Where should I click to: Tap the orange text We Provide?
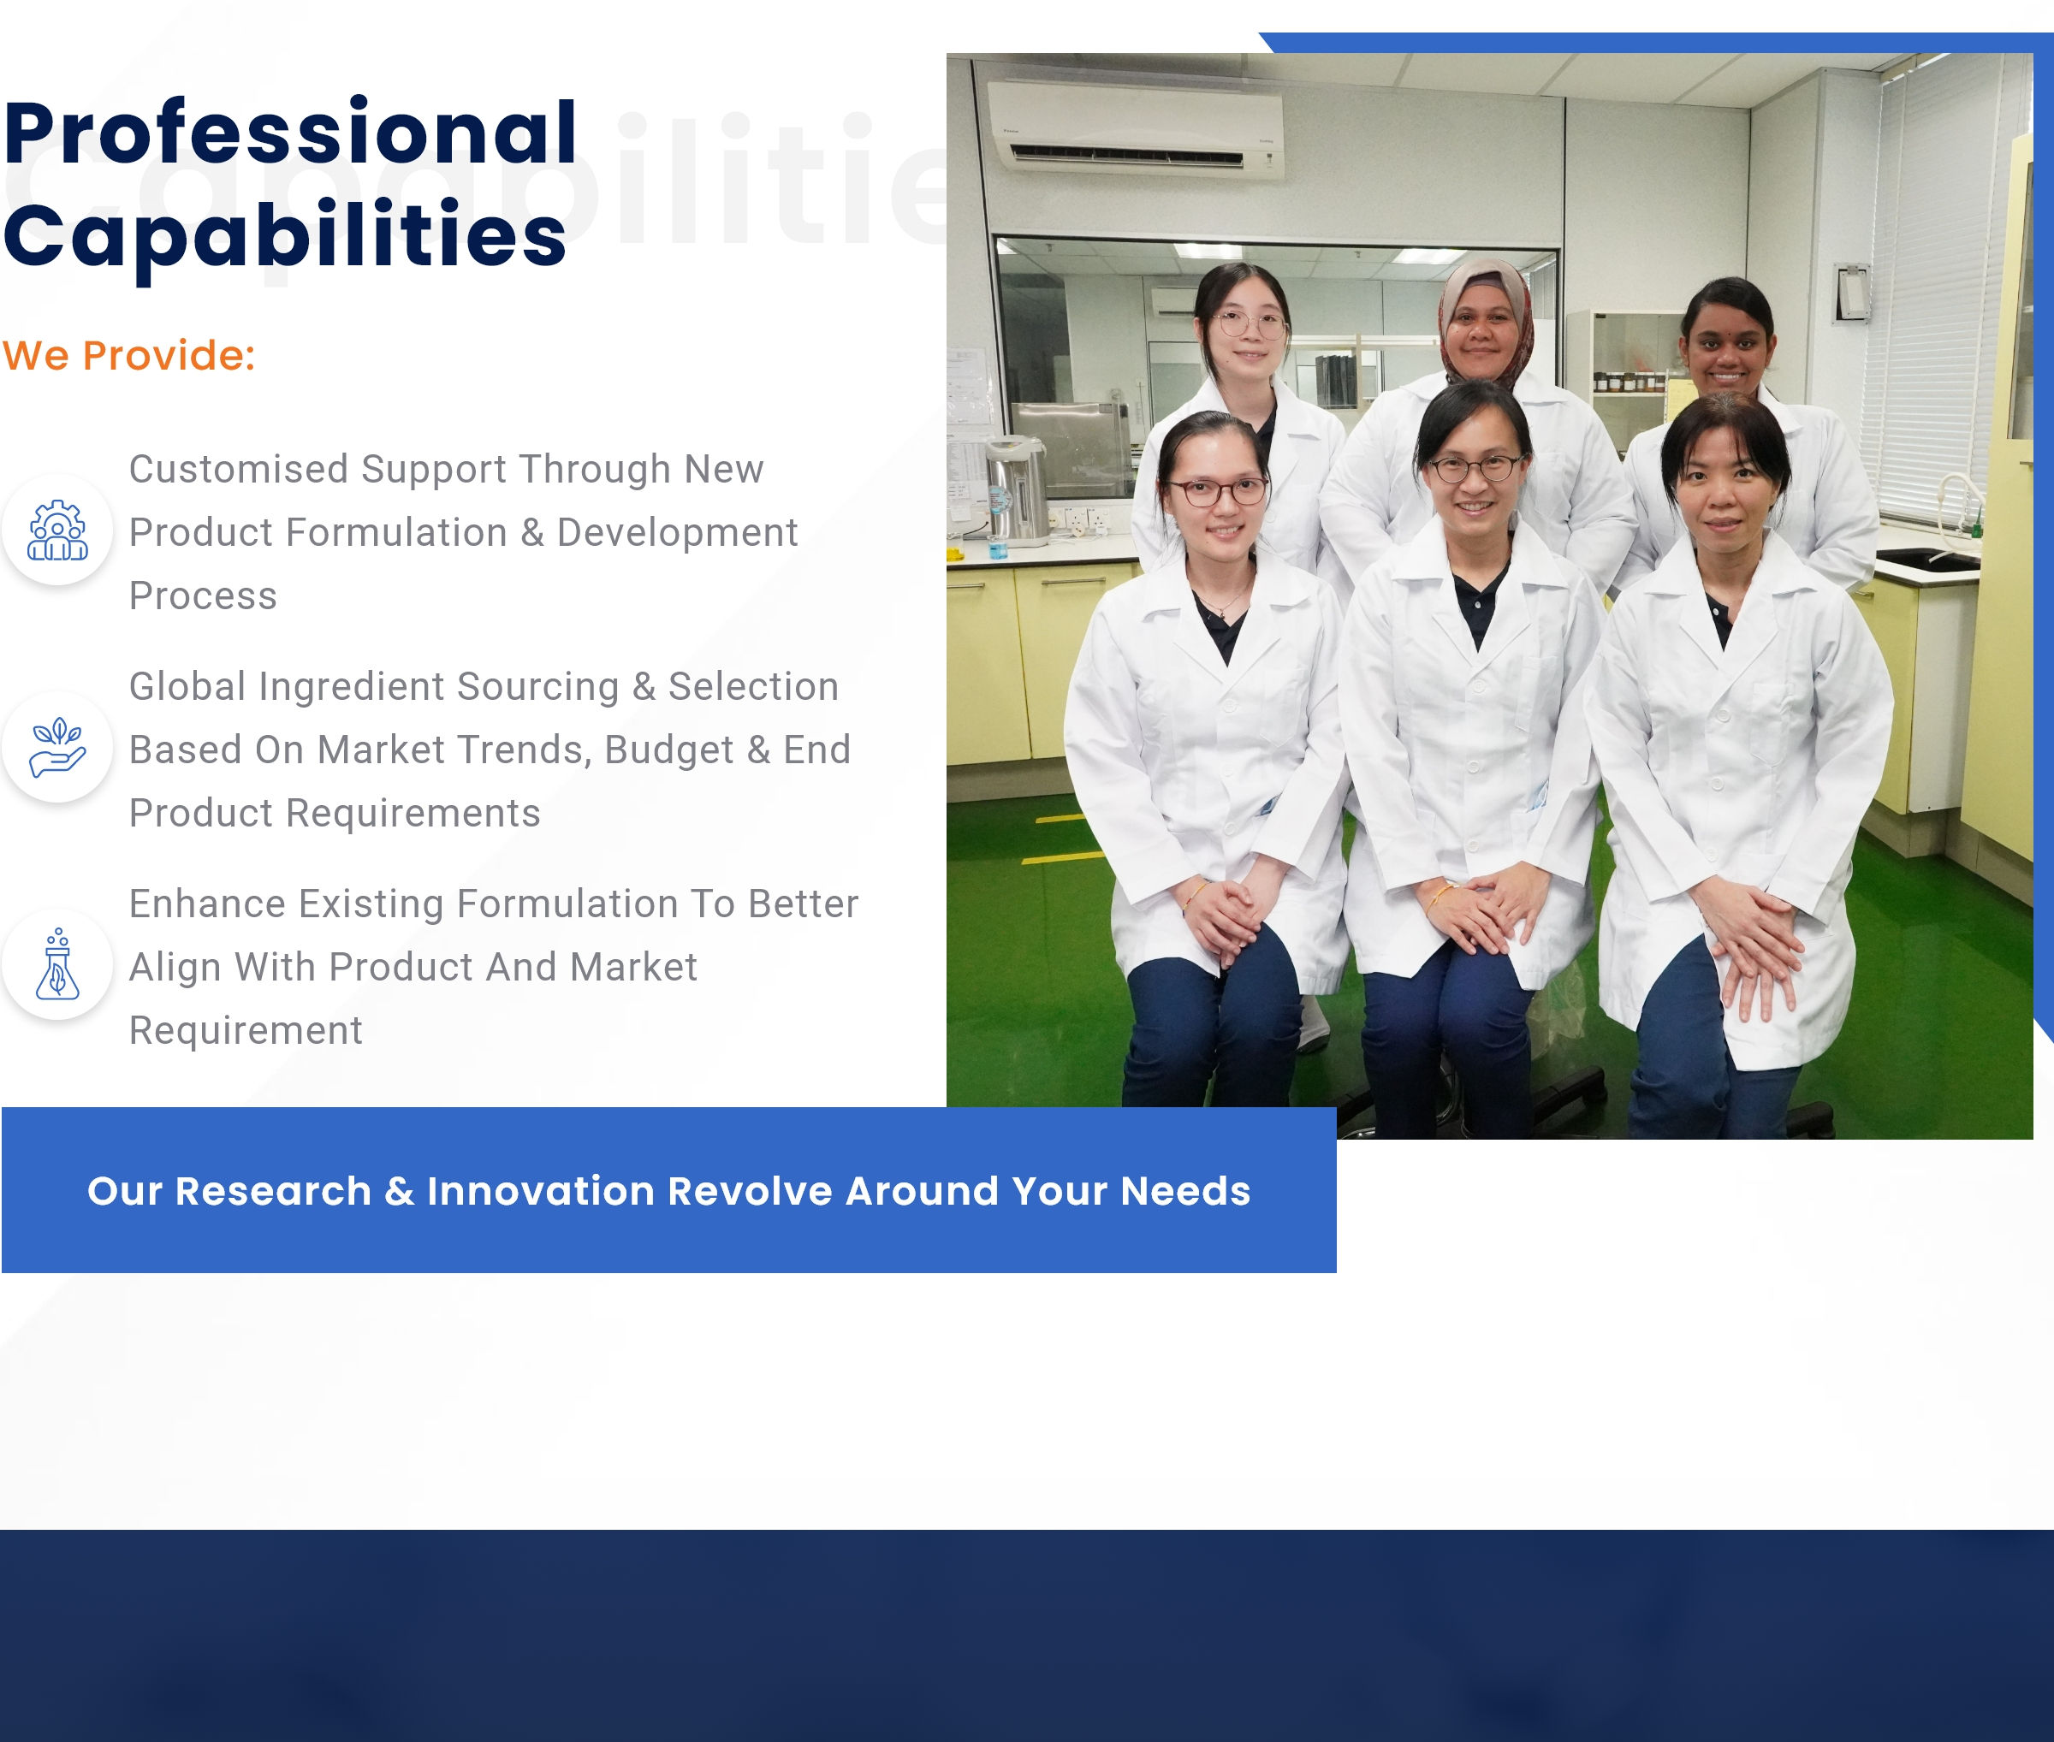(x=128, y=356)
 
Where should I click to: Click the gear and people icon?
(x=57, y=530)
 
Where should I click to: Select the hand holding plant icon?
(x=57, y=747)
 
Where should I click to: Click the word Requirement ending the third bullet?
(x=246, y=1031)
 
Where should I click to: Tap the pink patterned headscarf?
(x=1486, y=316)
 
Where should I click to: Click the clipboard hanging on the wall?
(x=1853, y=293)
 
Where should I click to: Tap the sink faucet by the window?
(x=1961, y=504)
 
